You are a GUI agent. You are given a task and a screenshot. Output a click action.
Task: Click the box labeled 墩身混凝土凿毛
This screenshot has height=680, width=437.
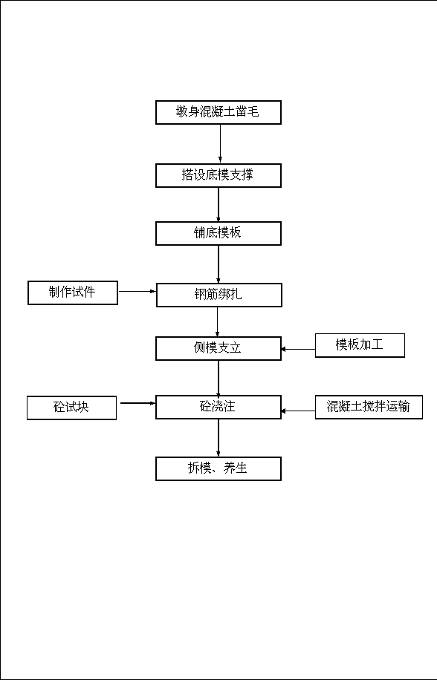coord(218,112)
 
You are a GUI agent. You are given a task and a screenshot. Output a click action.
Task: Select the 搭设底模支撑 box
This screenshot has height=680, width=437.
coord(218,175)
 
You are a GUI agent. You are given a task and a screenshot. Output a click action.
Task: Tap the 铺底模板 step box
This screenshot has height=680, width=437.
coord(218,233)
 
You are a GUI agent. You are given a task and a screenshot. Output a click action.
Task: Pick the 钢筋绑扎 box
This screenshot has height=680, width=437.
coord(218,295)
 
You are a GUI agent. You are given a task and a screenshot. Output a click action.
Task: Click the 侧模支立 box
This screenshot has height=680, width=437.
coord(218,348)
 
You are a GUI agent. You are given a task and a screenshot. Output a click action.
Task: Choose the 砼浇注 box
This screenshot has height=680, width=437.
coord(218,407)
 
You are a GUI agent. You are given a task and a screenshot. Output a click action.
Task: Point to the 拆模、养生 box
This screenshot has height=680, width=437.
coord(218,468)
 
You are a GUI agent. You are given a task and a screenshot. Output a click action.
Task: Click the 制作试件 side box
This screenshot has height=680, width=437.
coord(73,292)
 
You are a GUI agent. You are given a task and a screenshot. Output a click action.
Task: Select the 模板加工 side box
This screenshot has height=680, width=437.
coord(360,345)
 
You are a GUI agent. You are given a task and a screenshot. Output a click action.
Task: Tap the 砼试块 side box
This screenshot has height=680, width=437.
coord(71,408)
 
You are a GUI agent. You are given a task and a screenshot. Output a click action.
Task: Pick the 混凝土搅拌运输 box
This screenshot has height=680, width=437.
coord(369,407)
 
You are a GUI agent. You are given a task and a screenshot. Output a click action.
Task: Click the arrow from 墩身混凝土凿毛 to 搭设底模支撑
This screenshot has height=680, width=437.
coord(220,144)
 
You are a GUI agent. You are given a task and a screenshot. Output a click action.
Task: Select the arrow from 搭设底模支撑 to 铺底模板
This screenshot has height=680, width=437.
coord(218,205)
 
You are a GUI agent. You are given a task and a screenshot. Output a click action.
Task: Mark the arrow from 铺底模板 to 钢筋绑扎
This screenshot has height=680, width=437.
coord(218,264)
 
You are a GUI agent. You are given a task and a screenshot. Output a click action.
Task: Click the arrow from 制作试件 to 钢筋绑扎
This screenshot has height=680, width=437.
coord(137,292)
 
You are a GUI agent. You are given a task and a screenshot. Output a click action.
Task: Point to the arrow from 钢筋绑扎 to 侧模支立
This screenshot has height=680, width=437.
coord(218,321)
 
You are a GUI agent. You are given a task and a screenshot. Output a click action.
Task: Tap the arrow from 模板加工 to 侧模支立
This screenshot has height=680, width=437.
coord(298,349)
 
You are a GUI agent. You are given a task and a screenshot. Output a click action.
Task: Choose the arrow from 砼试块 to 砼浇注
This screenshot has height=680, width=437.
coord(138,403)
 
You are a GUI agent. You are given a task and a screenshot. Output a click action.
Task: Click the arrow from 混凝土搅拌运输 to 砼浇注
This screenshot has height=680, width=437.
coord(298,411)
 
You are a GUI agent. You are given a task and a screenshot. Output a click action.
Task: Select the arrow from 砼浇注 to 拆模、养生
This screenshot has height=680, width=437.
coord(218,438)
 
